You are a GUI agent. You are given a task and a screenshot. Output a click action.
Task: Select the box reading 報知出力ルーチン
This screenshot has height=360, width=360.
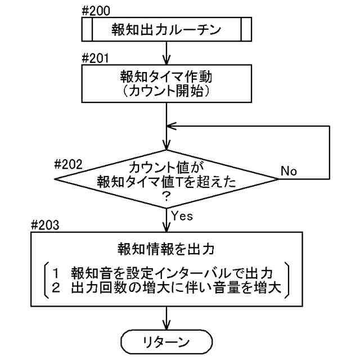click(166, 30)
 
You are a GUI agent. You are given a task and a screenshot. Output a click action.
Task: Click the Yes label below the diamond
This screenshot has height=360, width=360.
click(182, 215)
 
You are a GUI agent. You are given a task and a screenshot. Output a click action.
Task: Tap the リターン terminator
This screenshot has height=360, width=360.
click(166, 342)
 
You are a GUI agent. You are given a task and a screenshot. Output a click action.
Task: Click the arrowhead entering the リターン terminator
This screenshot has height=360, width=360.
click(166, 327)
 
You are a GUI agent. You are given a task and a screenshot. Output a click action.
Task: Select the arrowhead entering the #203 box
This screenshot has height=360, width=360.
click(166, 228)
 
